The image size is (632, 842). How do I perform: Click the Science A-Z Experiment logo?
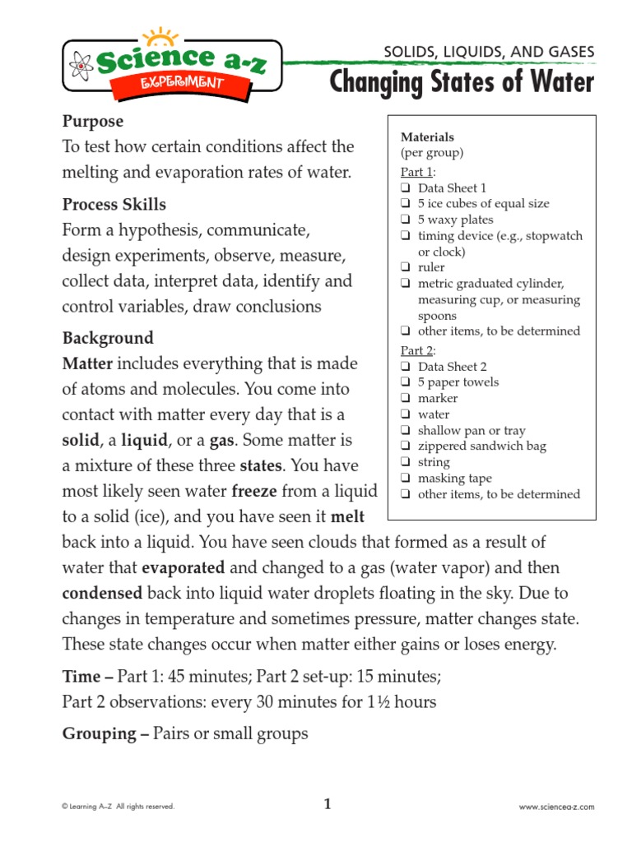click(171, 66)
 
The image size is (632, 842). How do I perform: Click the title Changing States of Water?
click(461, 82)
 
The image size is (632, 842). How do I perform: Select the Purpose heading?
click(93, 122)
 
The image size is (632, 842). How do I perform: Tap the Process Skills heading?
click(114, 204)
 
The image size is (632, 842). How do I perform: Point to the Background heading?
click(108, 338)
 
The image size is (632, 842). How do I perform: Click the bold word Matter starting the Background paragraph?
click(87, 363)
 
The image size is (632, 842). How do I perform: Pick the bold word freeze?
click(260, 492)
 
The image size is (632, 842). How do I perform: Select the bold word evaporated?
click(183, 568)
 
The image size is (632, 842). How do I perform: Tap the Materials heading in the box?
click(427, 137)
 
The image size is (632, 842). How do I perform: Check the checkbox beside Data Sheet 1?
click(406, 188)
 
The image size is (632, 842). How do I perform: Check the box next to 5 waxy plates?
click(406, 220)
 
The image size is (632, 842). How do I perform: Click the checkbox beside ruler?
click(406, 268)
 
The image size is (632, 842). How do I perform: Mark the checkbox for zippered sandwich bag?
click(406, 446)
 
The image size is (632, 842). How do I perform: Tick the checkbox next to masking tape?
click(406, 479)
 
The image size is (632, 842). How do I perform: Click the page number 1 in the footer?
click(327, 805)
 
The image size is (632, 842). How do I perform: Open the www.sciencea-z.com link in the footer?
click(556, 807)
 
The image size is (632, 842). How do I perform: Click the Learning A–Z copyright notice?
click(118, 807)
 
